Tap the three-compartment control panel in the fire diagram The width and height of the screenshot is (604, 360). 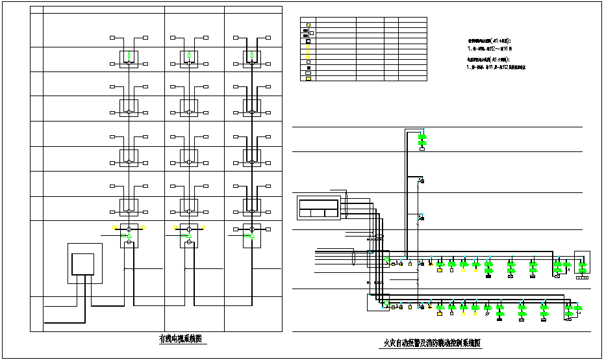318,209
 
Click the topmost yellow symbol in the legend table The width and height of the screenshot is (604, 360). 308,25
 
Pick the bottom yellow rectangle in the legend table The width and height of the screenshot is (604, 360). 308,79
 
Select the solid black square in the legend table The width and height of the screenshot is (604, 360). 308,68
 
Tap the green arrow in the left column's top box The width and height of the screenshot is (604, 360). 129,55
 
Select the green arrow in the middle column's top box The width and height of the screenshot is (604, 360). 188,55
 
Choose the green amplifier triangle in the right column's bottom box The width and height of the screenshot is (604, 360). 248,235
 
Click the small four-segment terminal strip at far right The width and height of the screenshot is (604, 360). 581,277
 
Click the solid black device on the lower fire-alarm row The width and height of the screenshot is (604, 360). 499,318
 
